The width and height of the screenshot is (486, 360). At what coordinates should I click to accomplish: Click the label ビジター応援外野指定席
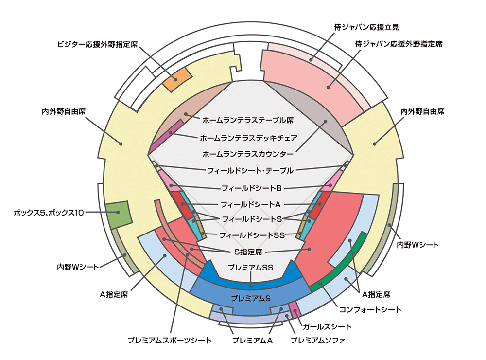click(x=97, y=44)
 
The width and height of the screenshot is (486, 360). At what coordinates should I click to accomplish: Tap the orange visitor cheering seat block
click(x=177, y=79)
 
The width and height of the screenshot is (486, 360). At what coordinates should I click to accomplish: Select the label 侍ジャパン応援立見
click(x=366, y=27)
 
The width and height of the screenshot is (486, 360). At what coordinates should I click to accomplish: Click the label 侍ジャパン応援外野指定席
click(x=399, y=44)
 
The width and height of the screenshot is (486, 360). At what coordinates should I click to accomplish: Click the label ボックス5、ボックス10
click(x=49, y=213)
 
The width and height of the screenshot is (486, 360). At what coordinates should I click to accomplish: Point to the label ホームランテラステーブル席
click(x=248, y=120)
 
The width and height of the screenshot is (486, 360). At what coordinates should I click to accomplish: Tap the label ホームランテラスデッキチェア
click(x=248, y=138)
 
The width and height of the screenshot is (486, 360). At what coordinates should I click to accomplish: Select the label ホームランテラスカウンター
click(x=248, y=154)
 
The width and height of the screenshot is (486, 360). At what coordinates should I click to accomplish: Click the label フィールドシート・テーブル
click(x=250, y=170)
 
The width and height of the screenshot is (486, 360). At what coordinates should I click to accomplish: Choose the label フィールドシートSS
click(x=252, y=235)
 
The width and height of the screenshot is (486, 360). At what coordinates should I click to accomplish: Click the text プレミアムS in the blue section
click(x=251, y=298)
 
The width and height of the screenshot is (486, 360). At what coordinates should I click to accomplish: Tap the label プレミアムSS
click(x=250, y=267)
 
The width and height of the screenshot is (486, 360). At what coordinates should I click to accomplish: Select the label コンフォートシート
click(x=370, y=309)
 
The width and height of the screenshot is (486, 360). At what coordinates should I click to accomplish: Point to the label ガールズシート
click(x=327, y=326)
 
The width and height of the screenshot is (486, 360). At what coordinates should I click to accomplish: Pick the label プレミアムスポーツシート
click(x=170, y=340)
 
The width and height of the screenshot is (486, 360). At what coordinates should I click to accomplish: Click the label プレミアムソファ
click(x=318, y=340)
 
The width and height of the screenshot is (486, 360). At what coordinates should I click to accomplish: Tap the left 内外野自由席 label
click(x=64, y=111)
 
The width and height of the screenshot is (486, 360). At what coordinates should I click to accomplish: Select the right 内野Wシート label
click(x=417, y=245)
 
